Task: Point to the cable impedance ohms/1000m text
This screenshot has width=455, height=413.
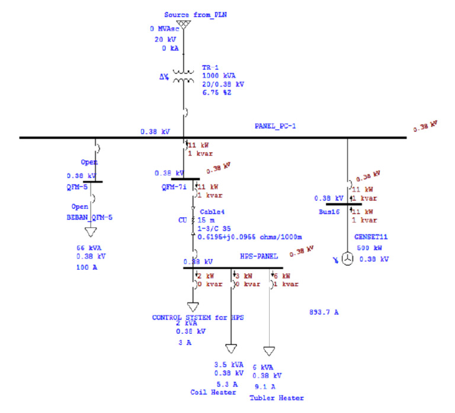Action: point(254,237)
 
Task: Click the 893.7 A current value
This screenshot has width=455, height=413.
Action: point(324,312)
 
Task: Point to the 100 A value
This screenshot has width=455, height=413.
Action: point(88,268)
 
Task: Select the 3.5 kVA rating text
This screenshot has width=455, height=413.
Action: point(226,364)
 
